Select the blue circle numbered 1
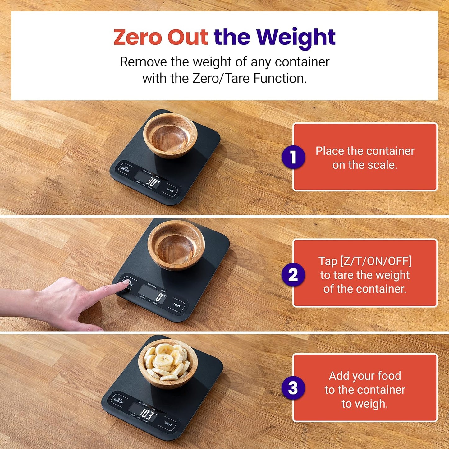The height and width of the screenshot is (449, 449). pos(293,157)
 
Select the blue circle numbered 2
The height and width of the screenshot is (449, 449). pos(293,275)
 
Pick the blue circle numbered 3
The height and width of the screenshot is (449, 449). pos(293,388)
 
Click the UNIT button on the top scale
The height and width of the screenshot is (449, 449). pos(170,190)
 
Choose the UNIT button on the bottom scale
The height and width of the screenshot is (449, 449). pos(168,424)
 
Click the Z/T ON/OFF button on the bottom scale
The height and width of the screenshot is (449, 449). pos(118,400)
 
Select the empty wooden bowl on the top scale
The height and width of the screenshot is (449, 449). pos(170,135)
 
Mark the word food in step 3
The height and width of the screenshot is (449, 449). pos(389,376)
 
